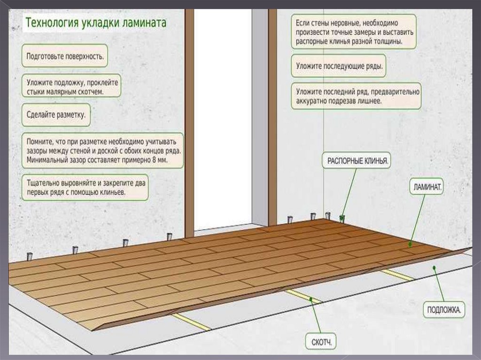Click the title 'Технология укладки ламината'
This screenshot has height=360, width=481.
click(95, 23)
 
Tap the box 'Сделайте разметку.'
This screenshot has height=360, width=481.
click(56, 115)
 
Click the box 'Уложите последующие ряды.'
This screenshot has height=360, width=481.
click(339, 67)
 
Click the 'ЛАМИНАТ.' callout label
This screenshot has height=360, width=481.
click(427, 187)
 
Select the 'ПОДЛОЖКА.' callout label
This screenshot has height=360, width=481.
click(444, 310)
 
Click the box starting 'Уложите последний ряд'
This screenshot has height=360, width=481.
click(356, 96)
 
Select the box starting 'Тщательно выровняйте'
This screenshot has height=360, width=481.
click(85, 188)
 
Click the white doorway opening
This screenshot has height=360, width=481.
click(223, 117)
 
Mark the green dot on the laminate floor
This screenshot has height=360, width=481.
click(410, 244)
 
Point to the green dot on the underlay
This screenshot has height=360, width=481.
click(434, 268)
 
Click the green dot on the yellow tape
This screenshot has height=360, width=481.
click(310, 298)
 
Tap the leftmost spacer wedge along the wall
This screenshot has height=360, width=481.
click(30, 257)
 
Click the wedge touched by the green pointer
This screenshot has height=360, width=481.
click(342, 219)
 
